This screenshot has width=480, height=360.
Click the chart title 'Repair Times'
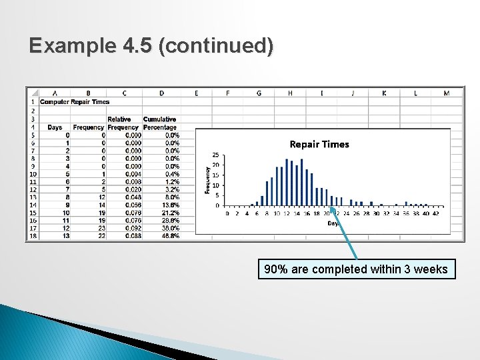pyautogui.click(x=319, y=144)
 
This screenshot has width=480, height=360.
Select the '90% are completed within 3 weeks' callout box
pyautogui.click(x=357, y=269)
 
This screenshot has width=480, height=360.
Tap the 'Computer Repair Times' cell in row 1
pyautogui.click(x=75, y=102)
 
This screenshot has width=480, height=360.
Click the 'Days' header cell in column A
pyautogui.click(x=55, y=127)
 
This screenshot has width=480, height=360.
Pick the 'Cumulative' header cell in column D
pyautogui.click(x=160, y=119)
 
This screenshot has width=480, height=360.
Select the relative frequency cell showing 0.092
pyautogui.click(x=133, y=227)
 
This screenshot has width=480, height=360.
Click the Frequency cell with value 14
pyautogui.click(x=101, y=205)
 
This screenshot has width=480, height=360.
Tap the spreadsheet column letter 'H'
pyautogui.click(x=290, y=93)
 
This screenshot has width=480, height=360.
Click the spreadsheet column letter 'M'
pyautogui.click(x=446, y=93)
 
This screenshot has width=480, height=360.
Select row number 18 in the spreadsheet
pyautogui.click(x=33, y=235)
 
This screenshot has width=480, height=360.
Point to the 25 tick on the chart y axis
pyautogui.click(x=215, y=155)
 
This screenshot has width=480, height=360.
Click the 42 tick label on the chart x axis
pyautogui.click(x=435, y=214)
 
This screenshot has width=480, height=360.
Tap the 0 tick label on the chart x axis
pyautogui.click(x=227, y=214)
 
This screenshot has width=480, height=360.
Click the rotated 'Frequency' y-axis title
pyautogui.click(x=207, y=180)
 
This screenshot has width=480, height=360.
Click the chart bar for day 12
pyautogui.click(x=287, y=182)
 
